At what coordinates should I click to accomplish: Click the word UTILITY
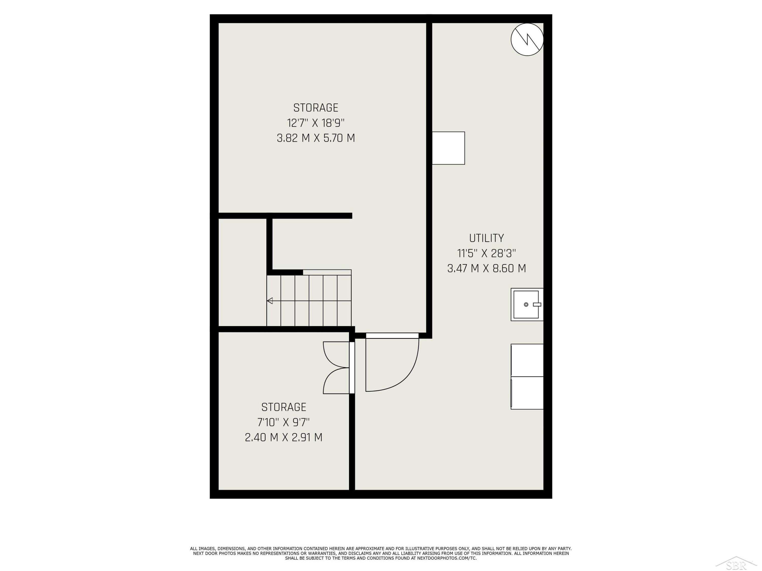point(486,238)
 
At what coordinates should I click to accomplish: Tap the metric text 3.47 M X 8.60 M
point(486,268)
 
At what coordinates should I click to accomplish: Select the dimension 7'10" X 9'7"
point(283,422)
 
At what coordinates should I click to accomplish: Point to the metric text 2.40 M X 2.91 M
point(283,438)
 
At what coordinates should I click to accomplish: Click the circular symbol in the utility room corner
point(527,40)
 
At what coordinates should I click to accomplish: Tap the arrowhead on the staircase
point(270,301)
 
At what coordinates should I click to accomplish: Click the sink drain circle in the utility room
point(526,305)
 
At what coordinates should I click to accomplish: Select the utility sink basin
point(526,305)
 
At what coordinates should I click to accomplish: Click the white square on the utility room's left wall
point(448,148)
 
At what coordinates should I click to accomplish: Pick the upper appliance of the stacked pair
point(527,360)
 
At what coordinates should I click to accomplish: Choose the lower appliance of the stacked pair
point(527,393)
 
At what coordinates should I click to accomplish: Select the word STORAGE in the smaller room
point(283,407)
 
